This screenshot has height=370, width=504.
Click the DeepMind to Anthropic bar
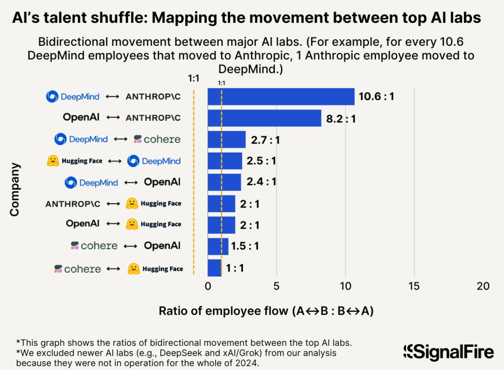point(281,97)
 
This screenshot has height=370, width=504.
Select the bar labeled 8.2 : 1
point(264,118)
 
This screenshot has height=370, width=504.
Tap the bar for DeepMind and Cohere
point(226,140)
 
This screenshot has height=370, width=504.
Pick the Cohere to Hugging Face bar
point(214,268)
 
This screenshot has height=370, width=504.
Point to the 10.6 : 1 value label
point(376,97)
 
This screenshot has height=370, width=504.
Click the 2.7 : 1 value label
point(265,140)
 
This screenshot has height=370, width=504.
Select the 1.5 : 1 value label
point(245,246)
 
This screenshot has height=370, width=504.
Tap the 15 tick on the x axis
point(414,287)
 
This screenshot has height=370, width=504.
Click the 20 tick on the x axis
point(483,287)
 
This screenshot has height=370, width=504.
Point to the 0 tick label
point(208,287)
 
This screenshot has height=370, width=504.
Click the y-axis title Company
point(15,190)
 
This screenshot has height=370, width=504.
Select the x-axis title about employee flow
point(266,311)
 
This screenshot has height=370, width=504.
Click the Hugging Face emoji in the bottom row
point(133,269)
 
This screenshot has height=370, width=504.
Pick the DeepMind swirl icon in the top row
point(52,97)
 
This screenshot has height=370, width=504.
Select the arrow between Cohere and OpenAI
point(130,246)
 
